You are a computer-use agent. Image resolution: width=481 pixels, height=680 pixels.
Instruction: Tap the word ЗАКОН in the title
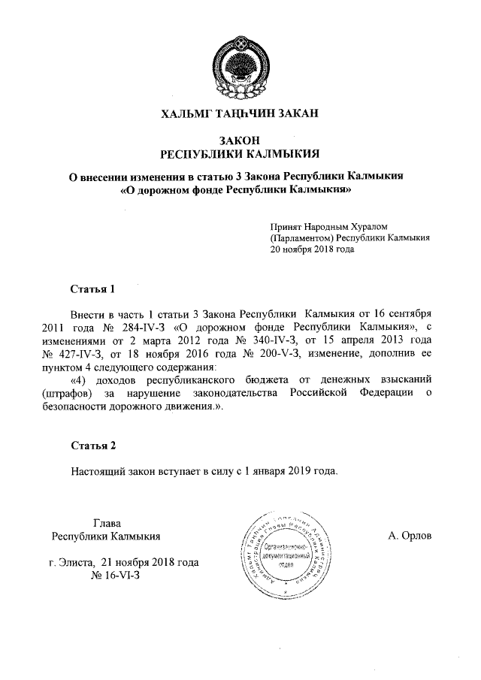coord(240,141)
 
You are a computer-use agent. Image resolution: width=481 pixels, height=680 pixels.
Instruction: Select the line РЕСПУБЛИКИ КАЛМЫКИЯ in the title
coord(240,154)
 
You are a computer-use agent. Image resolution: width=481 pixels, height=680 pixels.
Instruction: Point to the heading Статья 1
coord(92,289)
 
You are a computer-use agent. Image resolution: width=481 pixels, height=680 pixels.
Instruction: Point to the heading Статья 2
coord(92,446)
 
